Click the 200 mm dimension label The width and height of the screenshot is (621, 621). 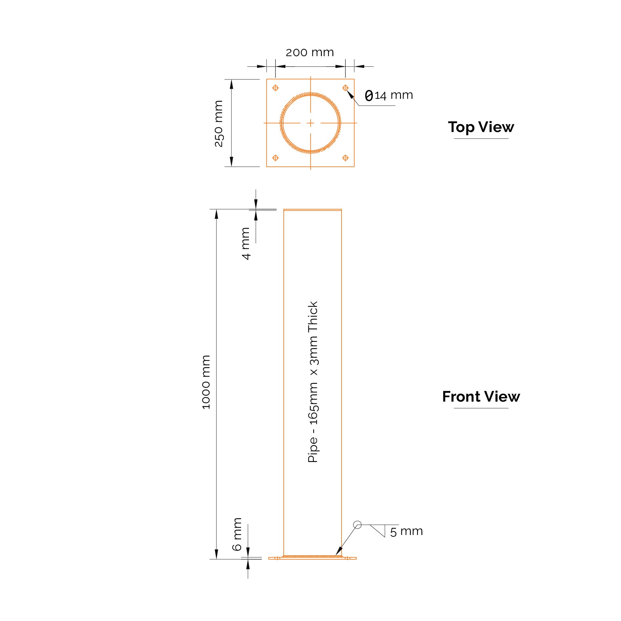pyautogui.click(x=310, y=53)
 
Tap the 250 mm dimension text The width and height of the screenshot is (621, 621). pyautogui.click(x=219, y=123)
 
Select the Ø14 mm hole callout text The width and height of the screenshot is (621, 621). pyautogui.click(x=389, y=96)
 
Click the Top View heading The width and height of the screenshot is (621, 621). pyautogui.click(x=481, y=127)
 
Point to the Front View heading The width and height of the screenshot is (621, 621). pyautogui.click(x=481, y=396)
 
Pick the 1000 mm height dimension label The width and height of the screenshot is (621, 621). pyautogui.click(x=206, y=382)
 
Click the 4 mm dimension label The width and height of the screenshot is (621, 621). pyautogui.click(x=246, y=243)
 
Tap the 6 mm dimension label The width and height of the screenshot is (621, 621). pyautogui.click(x=237, y=534)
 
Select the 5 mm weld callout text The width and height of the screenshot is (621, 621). pyautogui.click(x=407, y=531)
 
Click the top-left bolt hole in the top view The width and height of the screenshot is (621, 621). pyautogui.click(x=276, y=88)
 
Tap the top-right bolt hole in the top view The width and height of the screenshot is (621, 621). pyautogui.click(x=345, y=88)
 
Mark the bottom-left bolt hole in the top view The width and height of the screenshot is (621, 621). pyautogui.click(x=276, y=158)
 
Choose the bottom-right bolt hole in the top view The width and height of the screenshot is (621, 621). pyautogui.click(x=345, y=158)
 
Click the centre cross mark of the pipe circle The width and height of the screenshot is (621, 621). pyautogui.click(x=311, y=123)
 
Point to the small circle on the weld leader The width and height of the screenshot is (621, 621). pyautogui.click(x=357, y=525)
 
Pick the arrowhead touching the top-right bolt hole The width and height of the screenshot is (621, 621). pyautogui.click(x=350, y=94)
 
